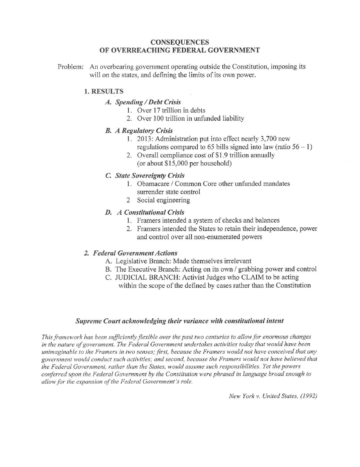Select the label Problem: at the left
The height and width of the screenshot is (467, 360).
[x=71, y=67]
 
